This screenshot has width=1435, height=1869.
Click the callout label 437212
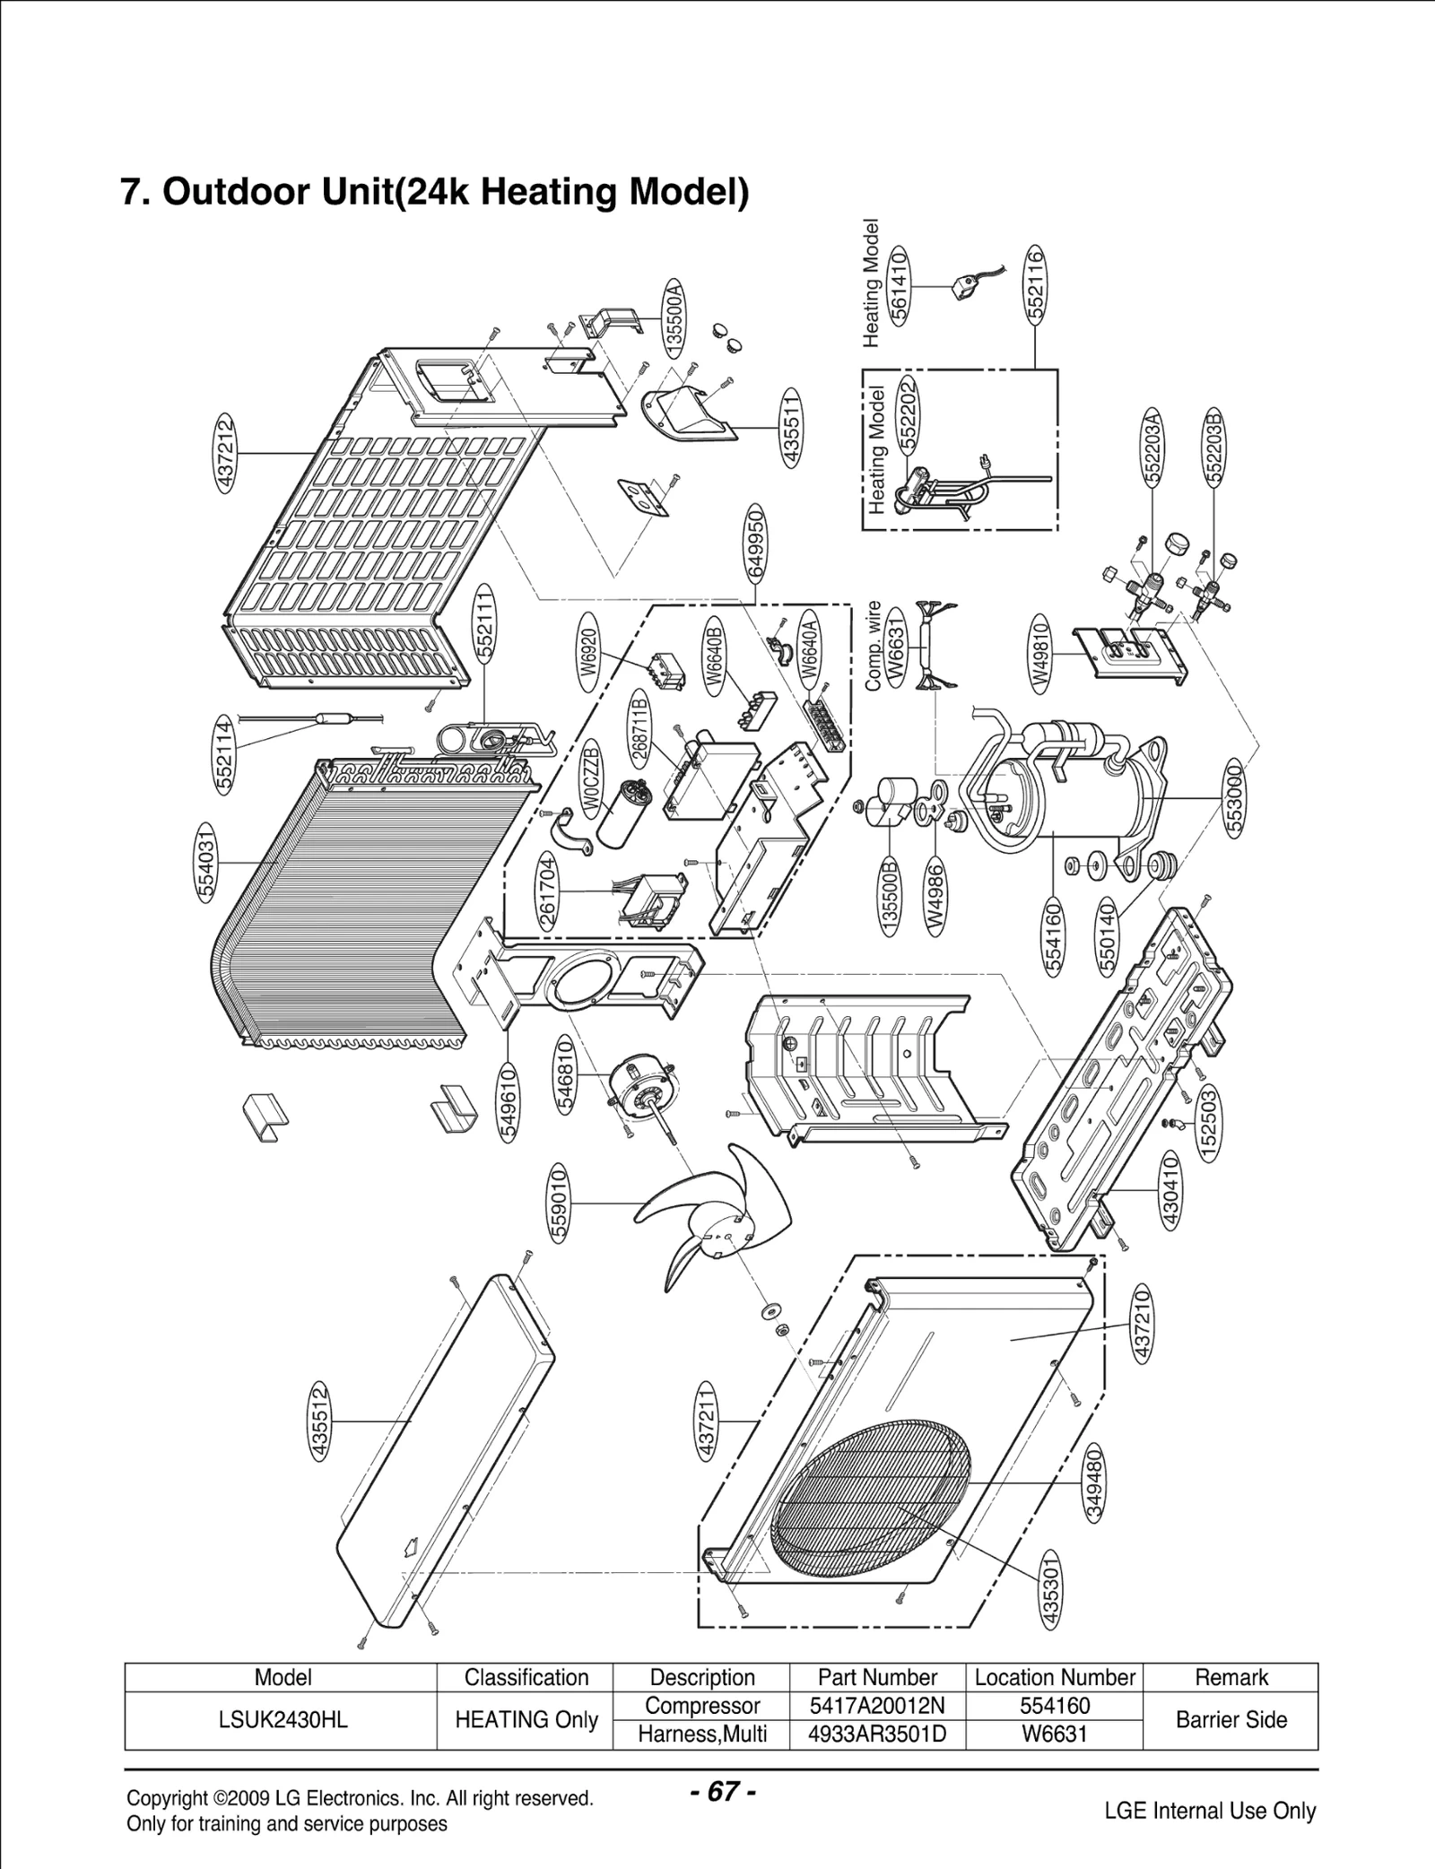point(226,454)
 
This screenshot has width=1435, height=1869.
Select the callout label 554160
point(1054,939)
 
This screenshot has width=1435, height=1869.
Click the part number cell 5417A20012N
point(876,1706)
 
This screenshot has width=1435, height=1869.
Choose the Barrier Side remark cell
point(1231,1720)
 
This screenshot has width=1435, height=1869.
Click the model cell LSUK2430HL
point(283,1720)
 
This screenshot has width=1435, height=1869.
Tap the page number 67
point(723,1793)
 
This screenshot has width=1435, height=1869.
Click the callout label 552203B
point(1214,447)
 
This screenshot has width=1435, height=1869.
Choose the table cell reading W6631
point(1055,1734)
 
